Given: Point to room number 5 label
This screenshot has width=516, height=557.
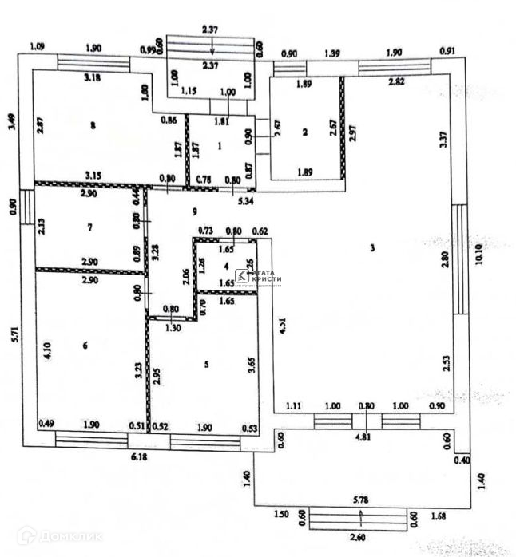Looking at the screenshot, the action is pos(207,365).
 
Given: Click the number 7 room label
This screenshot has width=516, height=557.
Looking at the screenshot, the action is pos(90,227).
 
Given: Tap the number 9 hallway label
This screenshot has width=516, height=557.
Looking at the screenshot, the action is pos(193,211).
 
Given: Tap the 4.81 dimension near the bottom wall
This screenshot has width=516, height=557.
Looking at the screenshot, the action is pos(364,437).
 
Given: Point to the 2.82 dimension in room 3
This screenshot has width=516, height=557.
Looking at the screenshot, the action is pos(395,81).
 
